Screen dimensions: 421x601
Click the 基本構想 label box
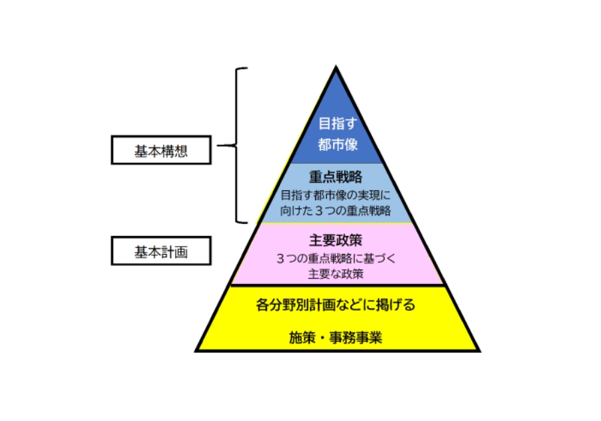161,150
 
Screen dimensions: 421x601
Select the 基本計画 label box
161,252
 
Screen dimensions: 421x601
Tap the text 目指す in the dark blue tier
336,124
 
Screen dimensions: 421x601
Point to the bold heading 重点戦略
336,178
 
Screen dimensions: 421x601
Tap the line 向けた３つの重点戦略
336,212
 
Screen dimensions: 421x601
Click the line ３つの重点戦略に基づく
336,258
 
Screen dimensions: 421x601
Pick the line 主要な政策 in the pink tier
336,274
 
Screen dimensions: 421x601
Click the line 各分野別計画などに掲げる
336,306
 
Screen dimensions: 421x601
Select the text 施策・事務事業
336,337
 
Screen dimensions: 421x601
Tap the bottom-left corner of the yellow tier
196,350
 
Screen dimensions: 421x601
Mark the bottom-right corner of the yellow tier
479,350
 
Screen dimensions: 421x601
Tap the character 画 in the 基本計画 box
181,252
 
